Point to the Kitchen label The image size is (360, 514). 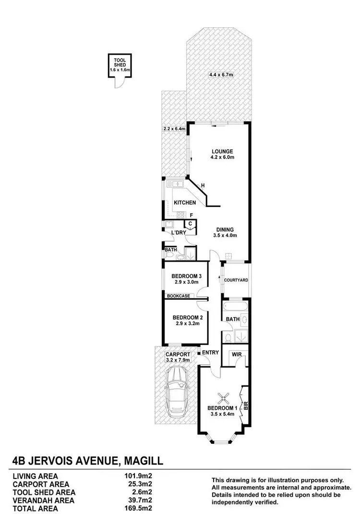coord(185,203)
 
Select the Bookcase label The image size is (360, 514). coord(178,296)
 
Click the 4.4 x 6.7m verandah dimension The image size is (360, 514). coord(221,74)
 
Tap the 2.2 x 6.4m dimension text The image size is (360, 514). coord(174,129)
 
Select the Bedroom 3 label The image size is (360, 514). coord(186,276)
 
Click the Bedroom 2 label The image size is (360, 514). coord(186,318)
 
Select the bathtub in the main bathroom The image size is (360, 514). coord(235,306)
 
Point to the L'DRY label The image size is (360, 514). coord(179,233)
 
